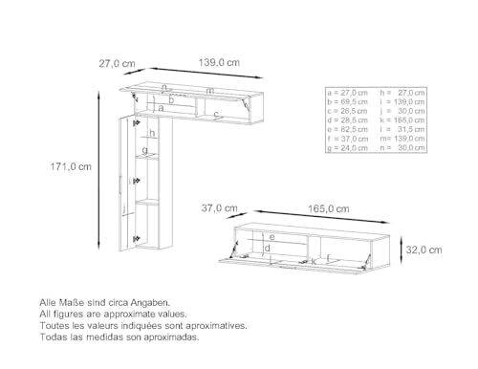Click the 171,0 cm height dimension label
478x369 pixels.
72,165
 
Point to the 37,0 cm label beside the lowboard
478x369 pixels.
218,207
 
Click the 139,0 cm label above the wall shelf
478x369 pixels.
220,62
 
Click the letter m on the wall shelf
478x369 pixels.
209,91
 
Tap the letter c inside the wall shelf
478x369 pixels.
216,115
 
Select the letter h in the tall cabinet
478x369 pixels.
151,133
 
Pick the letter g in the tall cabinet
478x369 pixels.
144,150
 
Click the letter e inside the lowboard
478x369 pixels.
272,236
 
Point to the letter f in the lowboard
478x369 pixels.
330,257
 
